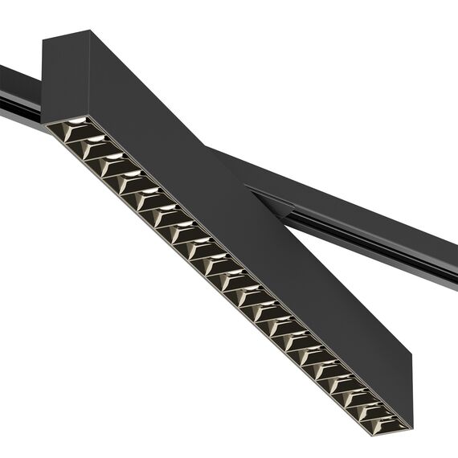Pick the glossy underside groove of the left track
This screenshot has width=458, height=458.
(x=20, y=108)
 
